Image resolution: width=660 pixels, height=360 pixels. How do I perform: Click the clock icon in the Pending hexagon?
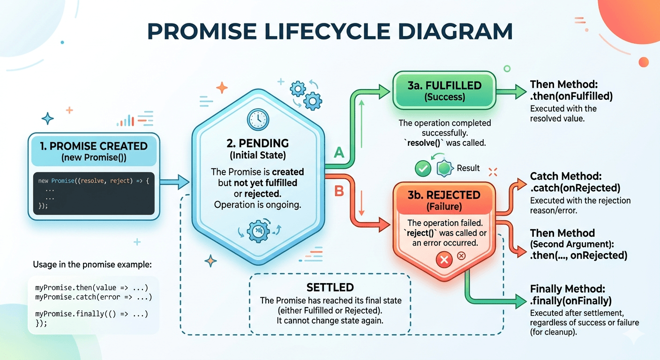[258, 119]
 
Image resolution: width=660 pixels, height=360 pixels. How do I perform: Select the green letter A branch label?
[338, 153]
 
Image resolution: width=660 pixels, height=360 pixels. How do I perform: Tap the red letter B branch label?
[338, 190]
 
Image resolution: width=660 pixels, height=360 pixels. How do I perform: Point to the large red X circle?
[443, 259]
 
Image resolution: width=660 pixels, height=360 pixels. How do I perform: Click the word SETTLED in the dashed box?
[330, 287]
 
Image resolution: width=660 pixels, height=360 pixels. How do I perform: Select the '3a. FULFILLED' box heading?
[444, 86]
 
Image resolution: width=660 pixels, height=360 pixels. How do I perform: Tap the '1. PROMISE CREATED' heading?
[94, 146]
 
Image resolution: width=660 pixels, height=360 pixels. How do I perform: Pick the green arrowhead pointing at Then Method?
[520, 92]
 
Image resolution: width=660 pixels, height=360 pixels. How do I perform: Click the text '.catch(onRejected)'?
[575, 188]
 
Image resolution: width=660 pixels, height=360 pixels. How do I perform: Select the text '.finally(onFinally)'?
[570, 300]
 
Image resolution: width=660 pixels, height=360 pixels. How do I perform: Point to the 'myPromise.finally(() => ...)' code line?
[92, 313]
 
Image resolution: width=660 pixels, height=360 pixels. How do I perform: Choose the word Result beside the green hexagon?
[468, 168]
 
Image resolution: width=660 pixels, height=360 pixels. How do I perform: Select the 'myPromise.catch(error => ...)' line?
[94, 297]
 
